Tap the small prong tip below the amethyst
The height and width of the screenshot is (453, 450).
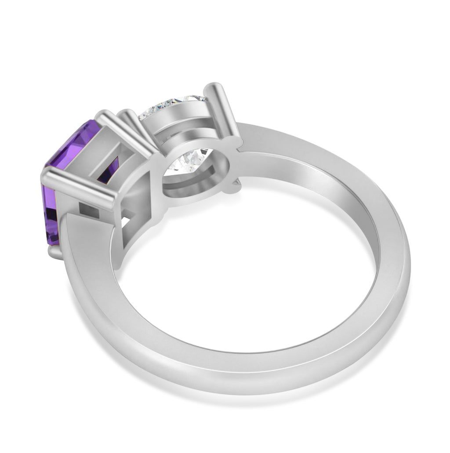[x=55, y=253]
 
